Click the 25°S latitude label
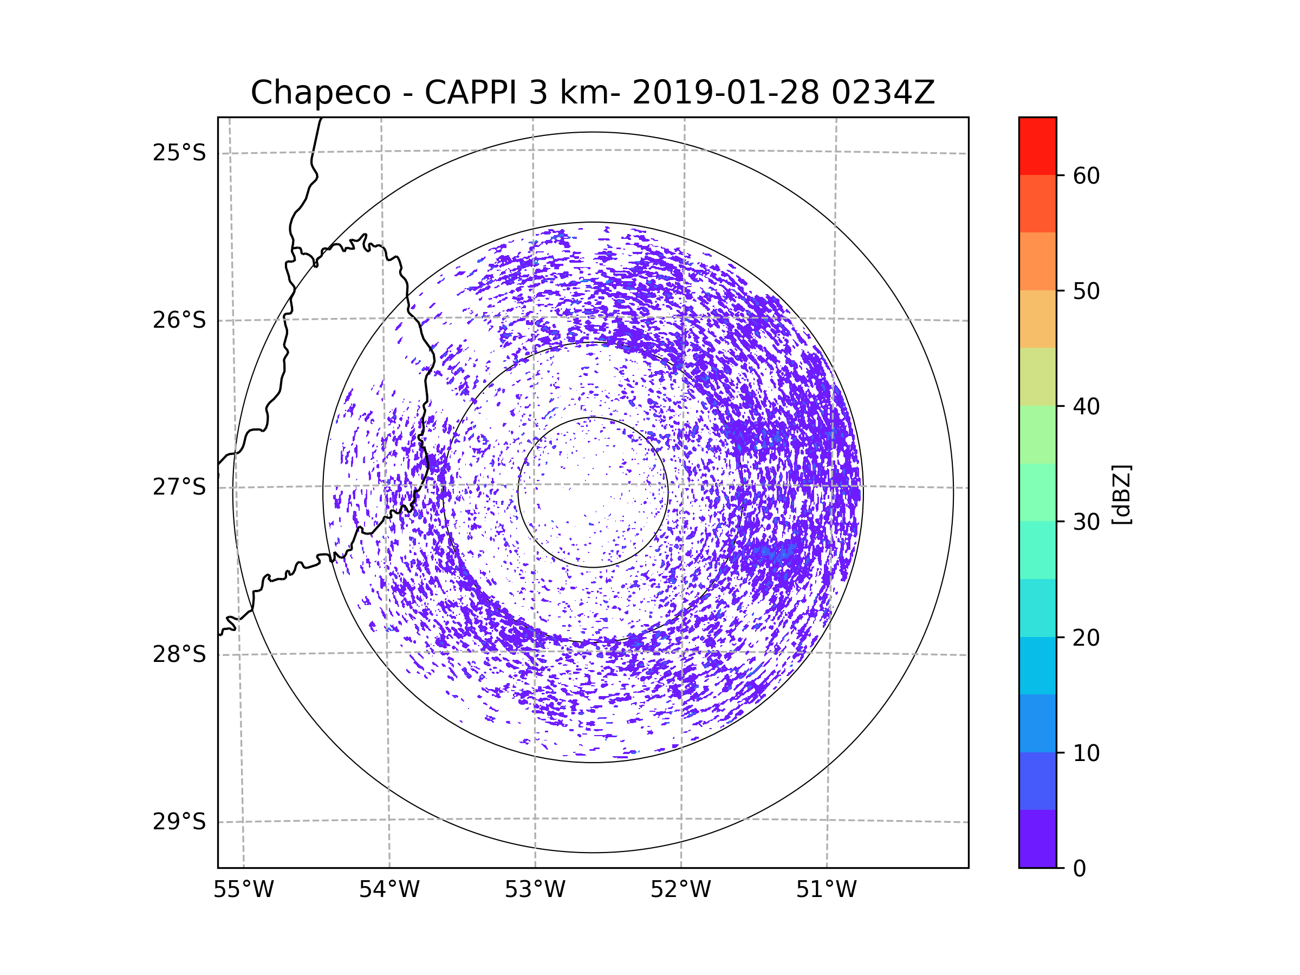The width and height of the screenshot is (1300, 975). [x=179, y=153]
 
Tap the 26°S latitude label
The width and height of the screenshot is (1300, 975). [x=179, y=320]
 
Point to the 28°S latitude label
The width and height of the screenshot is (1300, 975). [x=179, y=654]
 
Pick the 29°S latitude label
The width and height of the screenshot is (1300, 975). [x=179, y=822]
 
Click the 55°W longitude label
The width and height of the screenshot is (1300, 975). [x=243, y=890]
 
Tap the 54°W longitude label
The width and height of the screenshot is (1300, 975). [x=389, y=890]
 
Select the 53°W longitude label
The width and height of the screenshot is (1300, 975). [x=535, y=890]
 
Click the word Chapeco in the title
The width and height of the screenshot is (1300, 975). [x=320, y=93]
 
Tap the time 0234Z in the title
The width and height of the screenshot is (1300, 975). [x=883, y=93]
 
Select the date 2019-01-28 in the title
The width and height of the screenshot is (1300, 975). [x=725, y=93]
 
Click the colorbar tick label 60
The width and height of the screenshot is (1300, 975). [x=1086, y=175]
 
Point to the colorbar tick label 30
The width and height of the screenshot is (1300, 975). [x=1086, y=522]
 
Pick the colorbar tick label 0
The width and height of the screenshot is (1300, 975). [x=1080, y=868]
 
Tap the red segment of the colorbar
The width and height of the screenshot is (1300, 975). [x=1037, y=146]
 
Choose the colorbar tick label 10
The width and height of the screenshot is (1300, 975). [x=1086, y=753]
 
